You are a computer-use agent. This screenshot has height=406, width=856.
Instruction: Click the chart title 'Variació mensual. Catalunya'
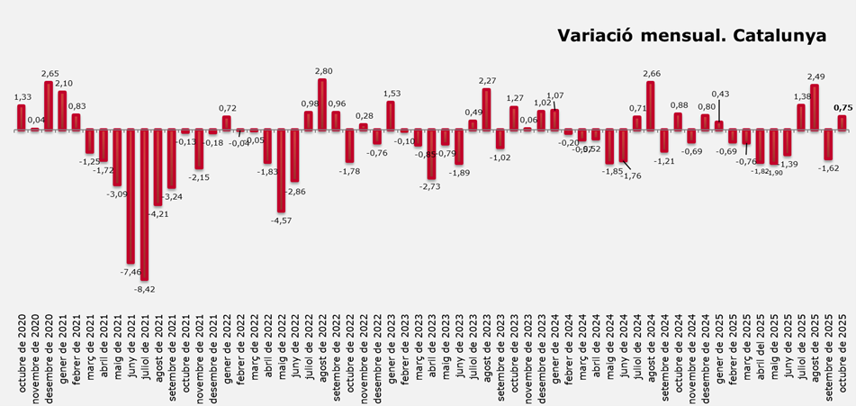691,37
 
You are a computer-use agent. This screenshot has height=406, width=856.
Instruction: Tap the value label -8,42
144,289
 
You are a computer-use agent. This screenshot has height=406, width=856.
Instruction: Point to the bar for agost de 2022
322,104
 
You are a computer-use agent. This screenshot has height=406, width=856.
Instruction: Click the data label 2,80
324,70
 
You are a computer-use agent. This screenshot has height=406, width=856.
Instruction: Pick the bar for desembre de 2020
49,105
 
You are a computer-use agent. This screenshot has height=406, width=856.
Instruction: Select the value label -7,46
130,271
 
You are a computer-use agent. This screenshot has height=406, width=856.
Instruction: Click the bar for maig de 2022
281,170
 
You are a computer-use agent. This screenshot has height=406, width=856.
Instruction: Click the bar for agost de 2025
815,107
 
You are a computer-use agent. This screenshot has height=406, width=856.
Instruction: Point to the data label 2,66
652,73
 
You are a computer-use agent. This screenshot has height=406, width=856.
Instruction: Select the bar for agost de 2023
487,109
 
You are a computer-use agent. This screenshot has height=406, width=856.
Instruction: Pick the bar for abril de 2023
431,154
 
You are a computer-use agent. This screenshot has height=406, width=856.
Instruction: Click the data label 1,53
392,93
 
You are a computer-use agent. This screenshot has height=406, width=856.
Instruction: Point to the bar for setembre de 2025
829,144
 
